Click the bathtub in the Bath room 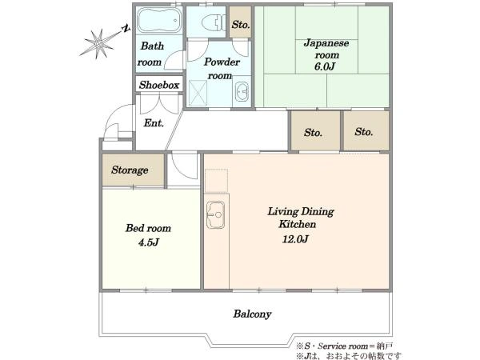tap(159, 20)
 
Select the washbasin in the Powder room tap(242, 91)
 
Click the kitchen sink tap(215, 215)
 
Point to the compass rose tap(98, 43)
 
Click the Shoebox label tap(159, 85)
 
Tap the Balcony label tap(252, 314)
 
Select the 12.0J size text tap(295, 239)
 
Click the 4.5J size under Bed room tap(149, 242)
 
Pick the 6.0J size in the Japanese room tap(325, 66)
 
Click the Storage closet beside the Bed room tap(133, 170)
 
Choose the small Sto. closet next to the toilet tap(241, 22)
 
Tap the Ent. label tap(154, 123)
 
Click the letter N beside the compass tap(126, 29)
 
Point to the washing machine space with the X tap(198, 94)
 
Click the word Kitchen tap(298, 224)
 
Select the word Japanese tap(326, 43)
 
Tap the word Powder tap(222, 62)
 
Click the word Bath tap(153, 46)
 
